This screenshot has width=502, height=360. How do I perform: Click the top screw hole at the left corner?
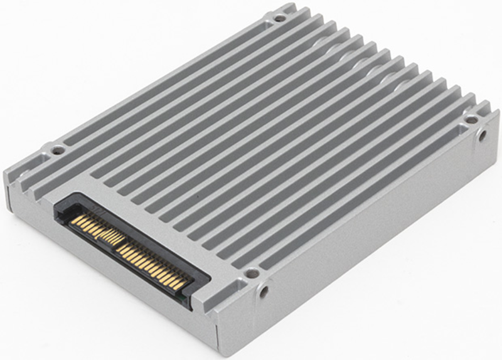(58, 150)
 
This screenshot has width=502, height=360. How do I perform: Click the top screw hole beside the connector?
(252, 273)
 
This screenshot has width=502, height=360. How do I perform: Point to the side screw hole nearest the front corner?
(264, 291)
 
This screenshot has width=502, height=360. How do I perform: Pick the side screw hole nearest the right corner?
(482, 134)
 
